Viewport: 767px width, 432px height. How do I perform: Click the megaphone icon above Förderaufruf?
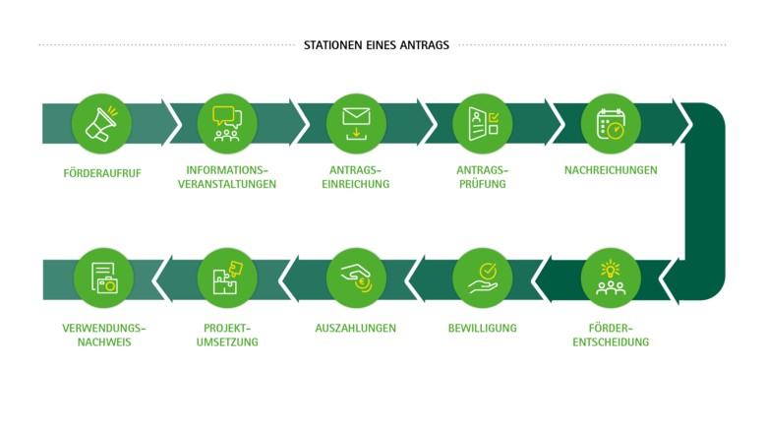(x=101, y=123)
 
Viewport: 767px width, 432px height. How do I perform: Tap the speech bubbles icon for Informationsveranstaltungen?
(x=227, y=123)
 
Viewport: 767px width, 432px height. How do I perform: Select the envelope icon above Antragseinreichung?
(x=355, y=123)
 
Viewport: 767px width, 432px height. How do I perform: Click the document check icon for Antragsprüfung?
(x=482, y=123)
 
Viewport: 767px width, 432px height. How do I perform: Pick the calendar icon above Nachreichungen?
(x=611, y=124)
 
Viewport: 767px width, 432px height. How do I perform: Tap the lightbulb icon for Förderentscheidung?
(x=611, y=278)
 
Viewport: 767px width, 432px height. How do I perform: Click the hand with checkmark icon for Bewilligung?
(x=482, y=278)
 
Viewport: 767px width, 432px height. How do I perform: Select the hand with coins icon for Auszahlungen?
(x=355, y=278)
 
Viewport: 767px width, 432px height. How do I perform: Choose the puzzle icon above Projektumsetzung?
(x=227, y=278)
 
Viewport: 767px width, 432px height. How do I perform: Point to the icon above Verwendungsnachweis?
(x=101, y=278)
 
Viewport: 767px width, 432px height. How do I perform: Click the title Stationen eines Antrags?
(x=377, y=44)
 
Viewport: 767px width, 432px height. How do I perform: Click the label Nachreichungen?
(x=611, y=170)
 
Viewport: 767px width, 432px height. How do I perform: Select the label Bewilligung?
(x=482, y=328)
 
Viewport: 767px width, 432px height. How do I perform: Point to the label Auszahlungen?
(x=355, y=328)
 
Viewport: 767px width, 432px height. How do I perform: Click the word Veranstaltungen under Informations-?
(x=227, y=184)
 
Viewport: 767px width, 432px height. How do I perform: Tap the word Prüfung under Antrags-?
(x=482, y=184)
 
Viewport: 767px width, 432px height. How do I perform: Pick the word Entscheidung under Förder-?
(x=611, y=342)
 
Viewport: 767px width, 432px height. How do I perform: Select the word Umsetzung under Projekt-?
(x=227, y=342)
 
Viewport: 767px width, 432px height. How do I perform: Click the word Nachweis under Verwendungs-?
(x=101, y=342)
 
